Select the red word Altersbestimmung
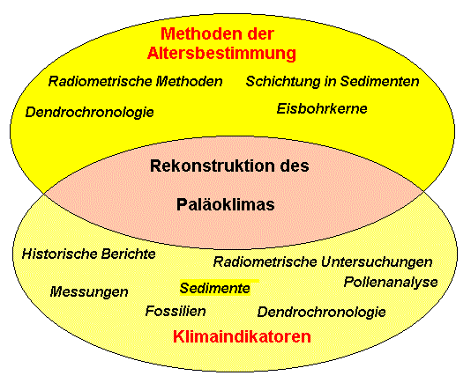tap(221, 54)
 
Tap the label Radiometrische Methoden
tap(136, 81)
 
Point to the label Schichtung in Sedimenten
tap(333, 81)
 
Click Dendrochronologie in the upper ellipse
tap(89, 112)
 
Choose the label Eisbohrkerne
tap(322, 108)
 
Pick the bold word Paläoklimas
tap(225, 205)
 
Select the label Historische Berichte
tap(89, 254)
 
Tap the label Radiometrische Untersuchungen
tap(323, 261)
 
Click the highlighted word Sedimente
tap(215, 288)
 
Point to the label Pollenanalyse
tap(391, 283)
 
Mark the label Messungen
tap(89, 291)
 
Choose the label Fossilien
tap(176, 311)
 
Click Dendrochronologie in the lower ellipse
tap(321, 312)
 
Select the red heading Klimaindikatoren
tap(242, 336)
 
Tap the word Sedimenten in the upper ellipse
tap(379, 81)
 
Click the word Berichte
tap(128, 254)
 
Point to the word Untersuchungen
tap(377, 261)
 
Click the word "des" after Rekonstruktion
tap(295, 166)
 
